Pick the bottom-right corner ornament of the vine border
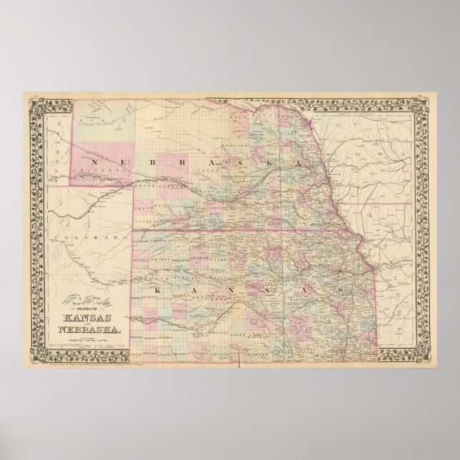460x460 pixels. [x=427, y=357]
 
